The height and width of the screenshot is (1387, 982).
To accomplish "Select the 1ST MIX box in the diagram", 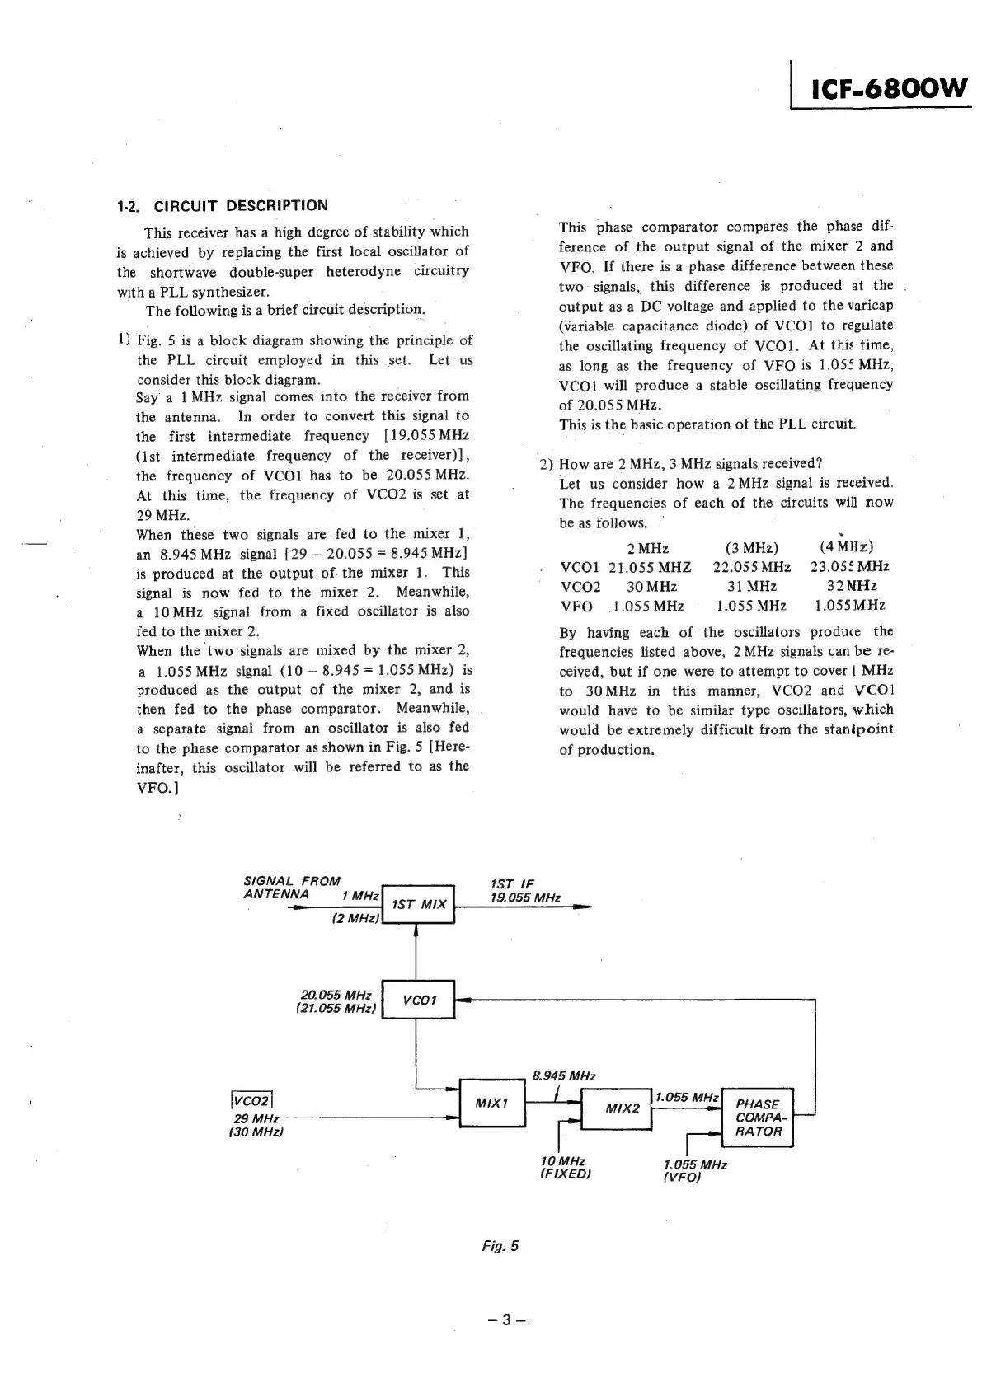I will click(x=419, y=904).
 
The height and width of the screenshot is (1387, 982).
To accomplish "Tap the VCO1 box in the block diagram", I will click(x=419, y=1000).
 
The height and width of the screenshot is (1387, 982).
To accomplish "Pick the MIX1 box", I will click(x=492, y=1102).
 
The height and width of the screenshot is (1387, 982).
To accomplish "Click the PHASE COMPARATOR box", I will click(x=757, y=1117).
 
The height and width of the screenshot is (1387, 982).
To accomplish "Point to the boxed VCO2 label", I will click(x=252, y=1100).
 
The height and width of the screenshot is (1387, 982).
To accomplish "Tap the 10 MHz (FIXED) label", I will click(x=565, y=1167).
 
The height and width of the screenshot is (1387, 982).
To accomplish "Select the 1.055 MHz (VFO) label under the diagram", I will click(x=694, y=1170).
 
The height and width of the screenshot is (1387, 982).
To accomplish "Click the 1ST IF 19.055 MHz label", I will click(x=525, y=891).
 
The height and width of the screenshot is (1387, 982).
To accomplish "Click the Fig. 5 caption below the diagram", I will click(x=500, y=1245).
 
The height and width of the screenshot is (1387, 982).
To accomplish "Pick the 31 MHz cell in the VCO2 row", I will click(x=751, y=587).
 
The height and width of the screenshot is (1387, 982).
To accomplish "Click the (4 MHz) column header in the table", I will click(x=847, y=547).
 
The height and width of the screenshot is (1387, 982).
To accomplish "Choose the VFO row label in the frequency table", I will click(x=576, y=607).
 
